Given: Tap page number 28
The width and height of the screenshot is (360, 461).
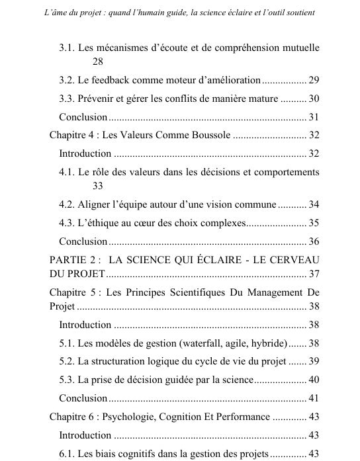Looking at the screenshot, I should coord(99,62).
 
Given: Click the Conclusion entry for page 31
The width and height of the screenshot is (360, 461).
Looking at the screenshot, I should coord(83,117).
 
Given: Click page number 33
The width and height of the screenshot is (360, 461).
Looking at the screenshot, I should coord(99,186).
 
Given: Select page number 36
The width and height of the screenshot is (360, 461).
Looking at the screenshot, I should coord(314,241).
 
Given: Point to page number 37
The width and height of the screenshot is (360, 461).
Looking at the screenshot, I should coord(314,274).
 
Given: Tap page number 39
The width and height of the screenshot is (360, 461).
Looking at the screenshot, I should coord(314,362).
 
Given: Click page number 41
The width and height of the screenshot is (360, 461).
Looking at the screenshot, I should coord(314,399).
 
